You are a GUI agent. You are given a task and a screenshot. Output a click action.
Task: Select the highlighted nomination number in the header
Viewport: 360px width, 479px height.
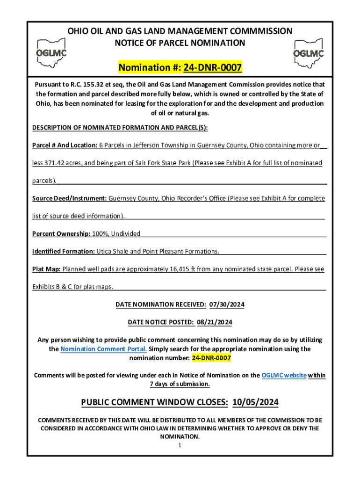tap(213, 68)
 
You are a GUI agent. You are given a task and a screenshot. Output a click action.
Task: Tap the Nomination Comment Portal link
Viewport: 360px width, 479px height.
tap(104, 349)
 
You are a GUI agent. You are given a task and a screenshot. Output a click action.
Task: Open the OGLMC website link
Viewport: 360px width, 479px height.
tap(284, 375)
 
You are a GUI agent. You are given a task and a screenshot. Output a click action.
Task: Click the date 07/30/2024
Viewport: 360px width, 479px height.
tap(227, 305)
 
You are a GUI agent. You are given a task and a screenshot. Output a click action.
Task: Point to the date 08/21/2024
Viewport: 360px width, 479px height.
tap(215, 322)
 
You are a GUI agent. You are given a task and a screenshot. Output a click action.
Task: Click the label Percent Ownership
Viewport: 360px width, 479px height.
tap(61, 233)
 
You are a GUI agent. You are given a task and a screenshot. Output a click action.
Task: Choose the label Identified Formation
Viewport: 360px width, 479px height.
tap(64, 251)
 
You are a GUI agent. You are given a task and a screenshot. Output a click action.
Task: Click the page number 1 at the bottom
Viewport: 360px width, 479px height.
tap(180, 445)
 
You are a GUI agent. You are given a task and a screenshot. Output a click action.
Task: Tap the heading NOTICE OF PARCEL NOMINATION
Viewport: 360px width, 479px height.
tap(180, 43)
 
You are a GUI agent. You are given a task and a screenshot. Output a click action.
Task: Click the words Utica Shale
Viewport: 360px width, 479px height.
tap(112, 251)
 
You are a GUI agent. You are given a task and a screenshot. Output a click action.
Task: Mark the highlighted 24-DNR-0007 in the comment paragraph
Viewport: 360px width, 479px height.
tap(211, 358)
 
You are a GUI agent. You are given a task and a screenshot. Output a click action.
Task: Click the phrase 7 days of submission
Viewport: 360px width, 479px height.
tap(180, 384)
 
